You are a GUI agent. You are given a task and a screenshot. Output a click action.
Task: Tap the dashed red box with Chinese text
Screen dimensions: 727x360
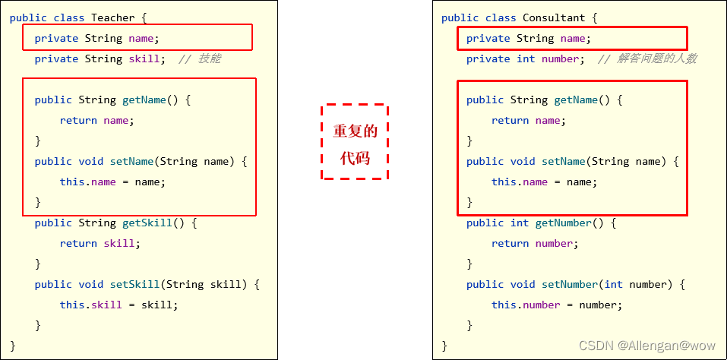(x=355, y=142)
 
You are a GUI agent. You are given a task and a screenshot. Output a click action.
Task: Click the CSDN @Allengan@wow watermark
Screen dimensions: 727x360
(x=648, y=346)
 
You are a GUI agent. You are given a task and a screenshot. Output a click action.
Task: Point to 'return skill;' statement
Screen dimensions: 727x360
(x=100, y=244)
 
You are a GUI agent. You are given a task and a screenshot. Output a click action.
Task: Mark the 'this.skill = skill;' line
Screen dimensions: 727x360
(x=119, y=305)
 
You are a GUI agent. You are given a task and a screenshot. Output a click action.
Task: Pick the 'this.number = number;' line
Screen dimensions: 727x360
(x=556, y=305)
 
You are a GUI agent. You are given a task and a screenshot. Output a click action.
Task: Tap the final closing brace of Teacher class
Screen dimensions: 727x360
(x=13, y=346)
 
